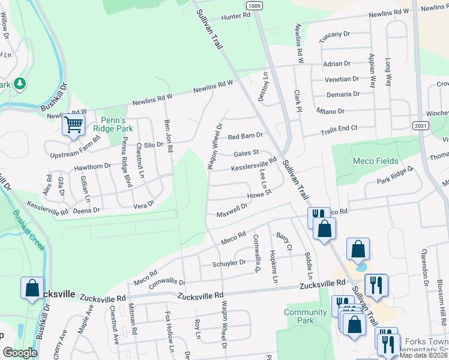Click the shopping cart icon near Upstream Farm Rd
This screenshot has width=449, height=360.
(74, 125)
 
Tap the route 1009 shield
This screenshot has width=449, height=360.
(255, 5)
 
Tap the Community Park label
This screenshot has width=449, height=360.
(306, 316)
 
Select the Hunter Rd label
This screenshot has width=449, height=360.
(235, 17)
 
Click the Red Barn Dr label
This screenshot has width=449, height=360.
(246, 136)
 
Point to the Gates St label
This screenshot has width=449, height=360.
(246, 153)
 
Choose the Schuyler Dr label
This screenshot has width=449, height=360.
(229, 263)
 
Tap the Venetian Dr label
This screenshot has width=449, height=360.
(343, 79)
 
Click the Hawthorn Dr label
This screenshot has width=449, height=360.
(92, 166)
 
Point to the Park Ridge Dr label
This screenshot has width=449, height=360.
(396, 176)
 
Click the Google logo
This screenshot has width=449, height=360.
(20, 353)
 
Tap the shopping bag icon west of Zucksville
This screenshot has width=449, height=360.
(32, 287)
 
